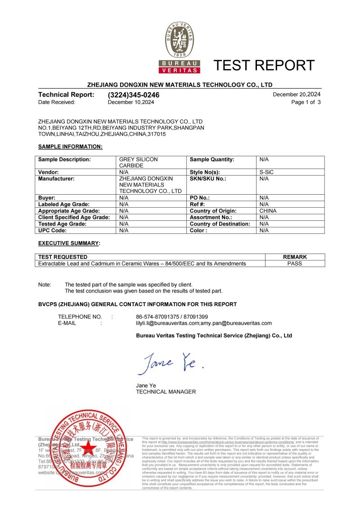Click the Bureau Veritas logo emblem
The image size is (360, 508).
[180, 45]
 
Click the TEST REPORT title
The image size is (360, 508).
[264, 65]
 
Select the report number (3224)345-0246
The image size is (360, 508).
[134, 95]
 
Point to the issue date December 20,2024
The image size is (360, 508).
[297, 94]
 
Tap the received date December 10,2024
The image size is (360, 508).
[131, 102]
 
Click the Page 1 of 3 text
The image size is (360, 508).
[306, 102]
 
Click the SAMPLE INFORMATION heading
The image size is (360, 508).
[70, 147]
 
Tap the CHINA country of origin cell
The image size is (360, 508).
[268, 211]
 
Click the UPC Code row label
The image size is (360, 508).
[52, 230]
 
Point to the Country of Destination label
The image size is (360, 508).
[220, 224]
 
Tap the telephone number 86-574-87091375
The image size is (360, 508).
[156, 316]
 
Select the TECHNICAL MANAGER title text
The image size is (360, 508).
[166, 392]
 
